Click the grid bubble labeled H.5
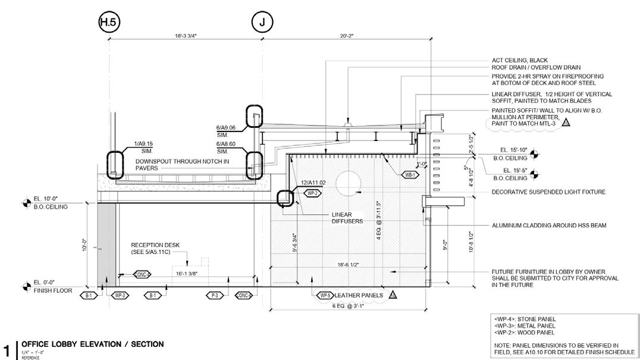109,22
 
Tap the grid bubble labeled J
262,22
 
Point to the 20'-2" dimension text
347,36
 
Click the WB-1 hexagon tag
410,175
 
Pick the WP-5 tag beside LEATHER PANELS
324,295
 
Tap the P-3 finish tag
215,295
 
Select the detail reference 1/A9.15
143,144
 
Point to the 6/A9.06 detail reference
226,127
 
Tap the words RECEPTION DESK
155,245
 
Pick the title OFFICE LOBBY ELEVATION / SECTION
92,345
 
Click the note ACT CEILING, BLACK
519,61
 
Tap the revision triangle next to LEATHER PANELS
393,295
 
